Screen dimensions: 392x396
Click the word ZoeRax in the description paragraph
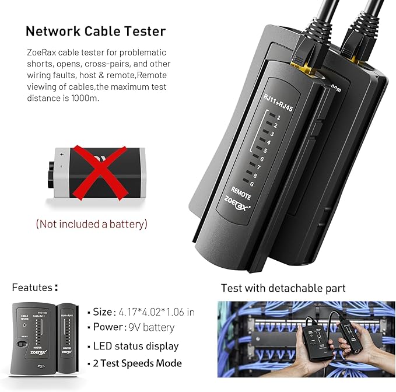(42, 52)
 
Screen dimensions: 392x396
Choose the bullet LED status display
(136, 346)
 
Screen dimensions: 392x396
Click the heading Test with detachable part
(283, 288)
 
